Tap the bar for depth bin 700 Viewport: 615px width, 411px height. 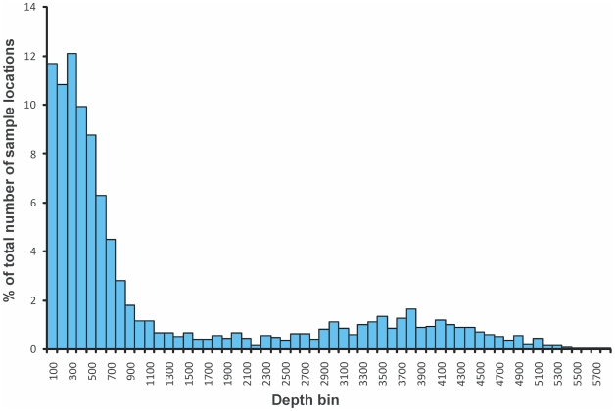click(x=110, y=294)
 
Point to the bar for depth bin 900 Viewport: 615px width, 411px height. click(x=129, y=327)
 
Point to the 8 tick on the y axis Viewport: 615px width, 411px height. click(x=34, y=154)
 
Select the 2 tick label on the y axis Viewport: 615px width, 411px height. click(x=34, y=300)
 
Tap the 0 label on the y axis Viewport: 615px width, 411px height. click(x=34, y=349)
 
